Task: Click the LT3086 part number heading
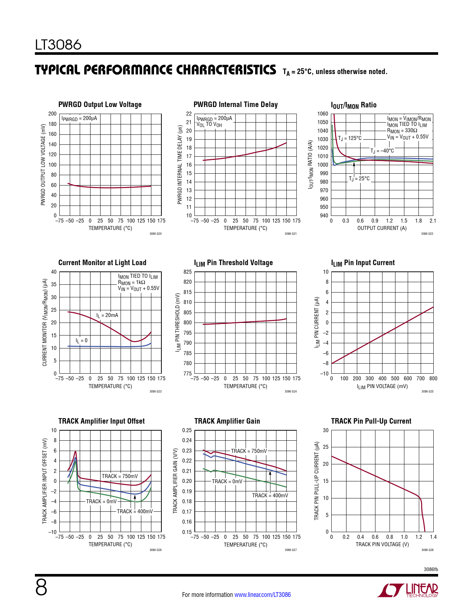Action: pyautogui.click(x=58, y=45)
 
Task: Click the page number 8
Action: pyautogui.click(x=41, y=588)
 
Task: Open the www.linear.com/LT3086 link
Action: pyautogui.click(x=262, y=595)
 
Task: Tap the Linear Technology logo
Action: pyautogui.click(x=408, y=590)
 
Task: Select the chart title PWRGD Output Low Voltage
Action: pyautogui.click(x=100, y=104)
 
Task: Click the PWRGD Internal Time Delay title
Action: pyautogui.click(x=236, y=104)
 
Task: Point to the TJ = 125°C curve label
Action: pyautogui.click(x=349, y=138)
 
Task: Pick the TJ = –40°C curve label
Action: pyautogui.click(x=382, y=151)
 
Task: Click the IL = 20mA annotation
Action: pyautogui.click(x=107, y=315)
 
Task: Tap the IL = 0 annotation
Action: pyautogui.click(x=82, y=340)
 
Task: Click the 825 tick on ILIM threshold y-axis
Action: pyautogui.click(x=187, y=272)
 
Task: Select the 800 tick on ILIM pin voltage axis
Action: pyautogui.click(x=433, y=378)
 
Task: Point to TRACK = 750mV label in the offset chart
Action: pyautogui.click(x=119, y=476)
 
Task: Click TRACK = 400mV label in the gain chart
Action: pyautogui.click(x=270, y=495)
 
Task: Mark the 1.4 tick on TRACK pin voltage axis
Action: pyautogui.click(x=433, y=537)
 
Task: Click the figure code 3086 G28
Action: pyautogui.click(x=427, y=550)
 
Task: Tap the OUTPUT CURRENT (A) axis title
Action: pyautogui.click(x=382, y=228)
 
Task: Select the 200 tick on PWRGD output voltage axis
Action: pyautogui.click(x=53, y=114)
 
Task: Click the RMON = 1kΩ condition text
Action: pyautogui.click(x=131, y=283)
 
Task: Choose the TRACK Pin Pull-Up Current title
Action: pyautogui.click(x=371, y=421)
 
